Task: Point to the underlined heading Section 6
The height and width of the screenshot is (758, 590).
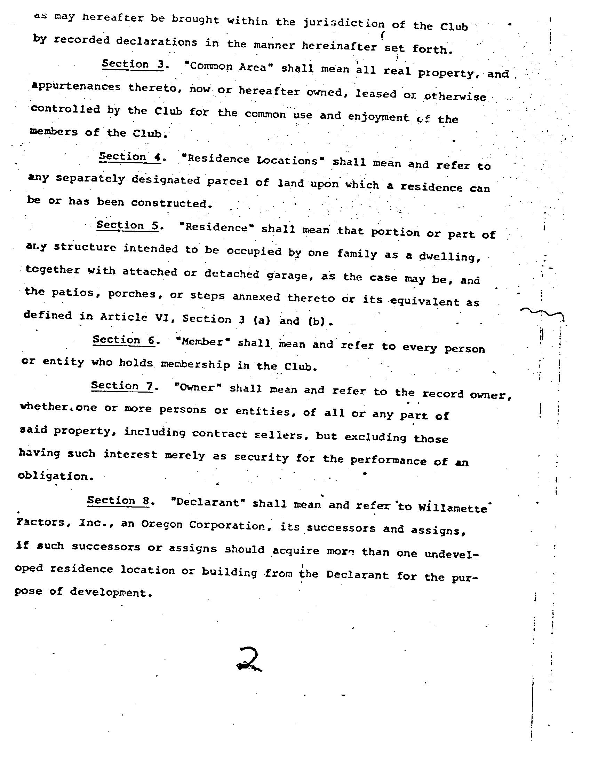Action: click(x=124, y=340)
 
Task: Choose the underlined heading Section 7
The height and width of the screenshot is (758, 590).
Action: click(x=122, y=386)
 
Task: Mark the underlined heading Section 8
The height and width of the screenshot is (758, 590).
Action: click(x=118, y=501)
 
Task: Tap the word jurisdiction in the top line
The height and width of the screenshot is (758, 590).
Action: click(x=344, y=23)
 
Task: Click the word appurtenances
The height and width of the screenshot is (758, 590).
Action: click(x=76, y=87)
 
